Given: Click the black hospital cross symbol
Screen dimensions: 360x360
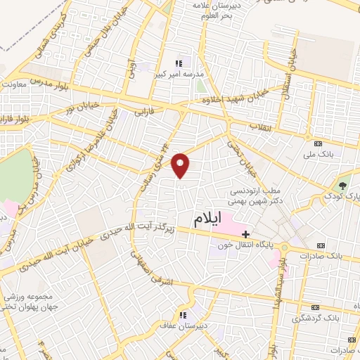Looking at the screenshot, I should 245,234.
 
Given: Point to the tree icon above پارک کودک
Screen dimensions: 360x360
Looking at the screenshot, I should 342,184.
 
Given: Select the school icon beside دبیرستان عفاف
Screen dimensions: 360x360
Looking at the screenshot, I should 183,314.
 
